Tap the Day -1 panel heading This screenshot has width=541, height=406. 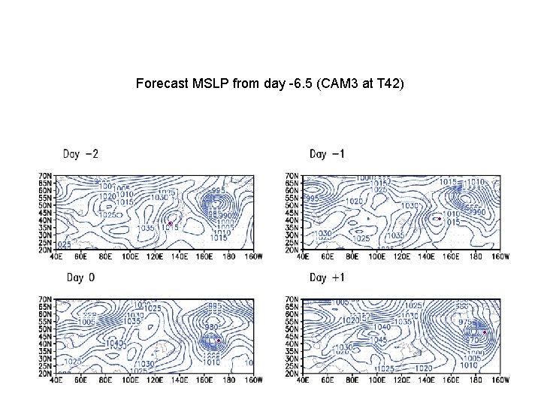[x=328, y=154]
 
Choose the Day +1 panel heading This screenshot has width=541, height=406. [x=328, y=277]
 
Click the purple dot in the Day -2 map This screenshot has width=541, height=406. [x=170, y=223]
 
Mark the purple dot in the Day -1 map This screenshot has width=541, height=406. [x=439, y=219]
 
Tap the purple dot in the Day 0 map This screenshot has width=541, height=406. [x=218, y=341]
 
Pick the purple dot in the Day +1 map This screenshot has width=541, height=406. [x=485, y=332]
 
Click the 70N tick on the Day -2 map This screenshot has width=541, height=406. [x=46, y=175]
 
